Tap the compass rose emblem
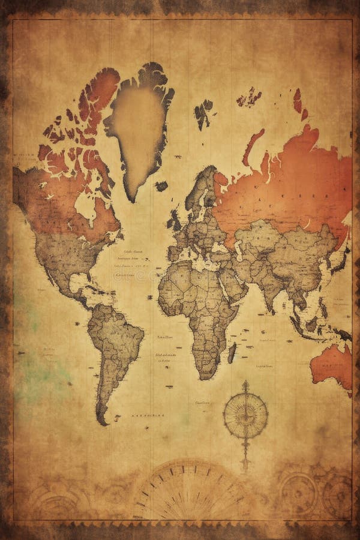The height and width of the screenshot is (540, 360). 245,413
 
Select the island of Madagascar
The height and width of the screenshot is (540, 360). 232,352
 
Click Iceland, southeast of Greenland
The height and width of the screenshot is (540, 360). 161,186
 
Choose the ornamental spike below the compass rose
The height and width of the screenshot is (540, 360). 245,453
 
